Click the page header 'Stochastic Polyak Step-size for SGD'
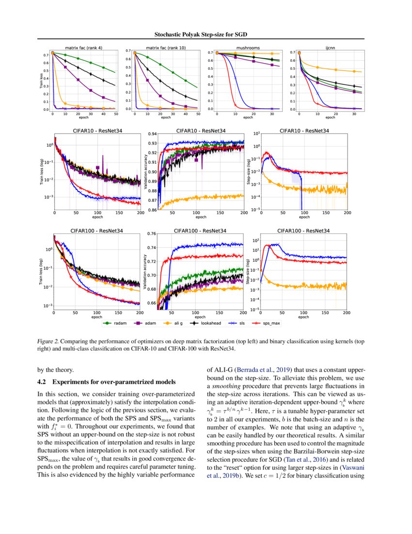[x=206, y=34]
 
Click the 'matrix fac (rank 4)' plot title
[x=83, y=48]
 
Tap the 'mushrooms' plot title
[x=248, y=48]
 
